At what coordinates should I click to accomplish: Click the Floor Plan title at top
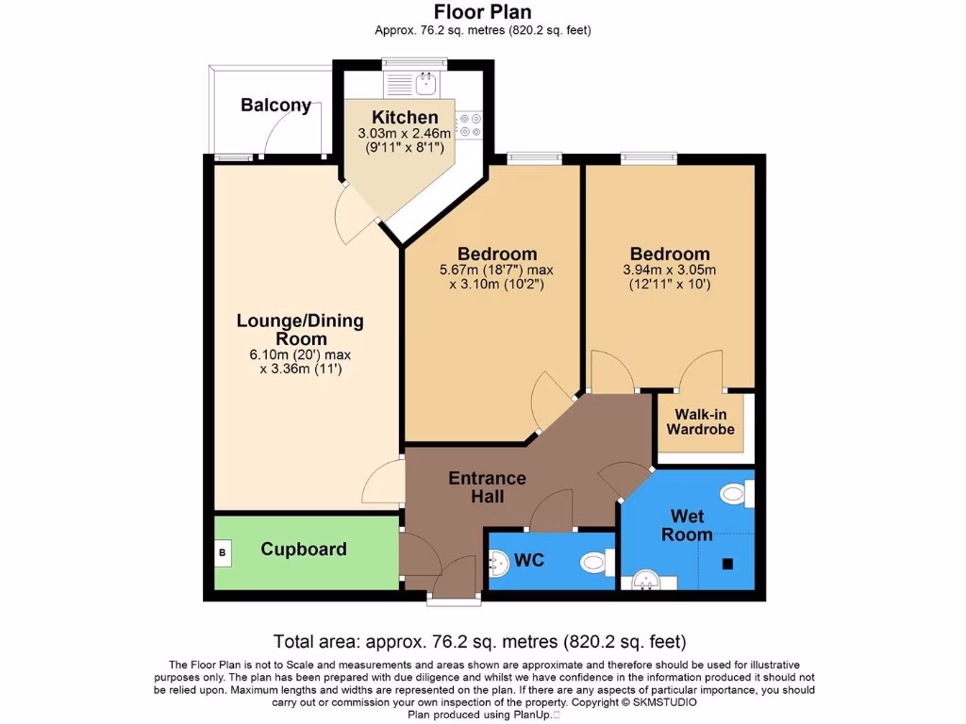[x=482, y=12]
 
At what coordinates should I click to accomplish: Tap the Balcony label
[x=275, y=105]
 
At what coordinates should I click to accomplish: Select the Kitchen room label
[x=405, y=118]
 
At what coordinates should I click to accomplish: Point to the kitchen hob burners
[x=469, y=127]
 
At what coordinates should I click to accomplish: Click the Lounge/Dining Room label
[x=300, y=330]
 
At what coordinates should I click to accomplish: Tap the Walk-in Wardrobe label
[x=700, y=421]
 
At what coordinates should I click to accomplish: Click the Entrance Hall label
[x=487, y=487]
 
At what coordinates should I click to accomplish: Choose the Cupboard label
[x=304, y=549]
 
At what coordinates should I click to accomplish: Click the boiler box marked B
[x=223, y=552]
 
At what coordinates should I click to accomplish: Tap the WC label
[x=529, y=560]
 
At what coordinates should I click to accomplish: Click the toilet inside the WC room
[x=594, y=563]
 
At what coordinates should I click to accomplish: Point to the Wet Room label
[x=687, y=525]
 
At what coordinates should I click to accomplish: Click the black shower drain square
[x=727, y=564]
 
